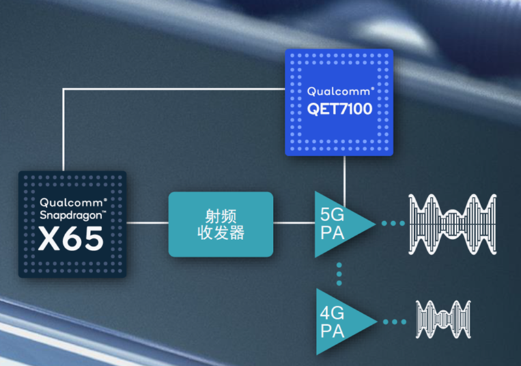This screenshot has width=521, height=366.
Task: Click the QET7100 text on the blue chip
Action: coord(339,109)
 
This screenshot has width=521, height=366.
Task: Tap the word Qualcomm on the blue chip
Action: coord(339,91)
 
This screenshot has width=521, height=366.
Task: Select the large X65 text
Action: coord(71,238)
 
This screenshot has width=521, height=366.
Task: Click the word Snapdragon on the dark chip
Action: coord(71,215)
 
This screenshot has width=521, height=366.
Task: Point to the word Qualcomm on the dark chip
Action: coord(72,203)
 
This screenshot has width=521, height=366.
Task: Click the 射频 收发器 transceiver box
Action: coord(221,224)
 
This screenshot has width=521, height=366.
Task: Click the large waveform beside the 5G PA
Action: coord(453,224)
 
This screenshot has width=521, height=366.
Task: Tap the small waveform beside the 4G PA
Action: coord(444,320)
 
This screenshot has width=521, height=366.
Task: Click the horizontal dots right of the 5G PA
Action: coord(393,223)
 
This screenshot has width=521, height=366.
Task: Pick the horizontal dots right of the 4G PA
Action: coord(395,322)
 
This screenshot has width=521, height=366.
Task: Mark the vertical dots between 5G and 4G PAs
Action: coord(339,274)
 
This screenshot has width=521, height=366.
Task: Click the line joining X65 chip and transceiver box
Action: coord(148,222)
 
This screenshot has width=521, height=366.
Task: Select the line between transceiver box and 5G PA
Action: coord(294,222)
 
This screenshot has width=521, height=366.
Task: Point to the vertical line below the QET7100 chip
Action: coord(345,181)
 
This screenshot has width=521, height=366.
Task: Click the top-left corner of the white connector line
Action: coord(63,89)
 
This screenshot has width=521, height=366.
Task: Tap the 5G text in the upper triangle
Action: coord(332,215)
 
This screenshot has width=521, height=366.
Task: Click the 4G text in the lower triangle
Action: coord(332,313)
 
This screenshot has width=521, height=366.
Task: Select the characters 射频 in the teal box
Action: coord(221,217)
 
